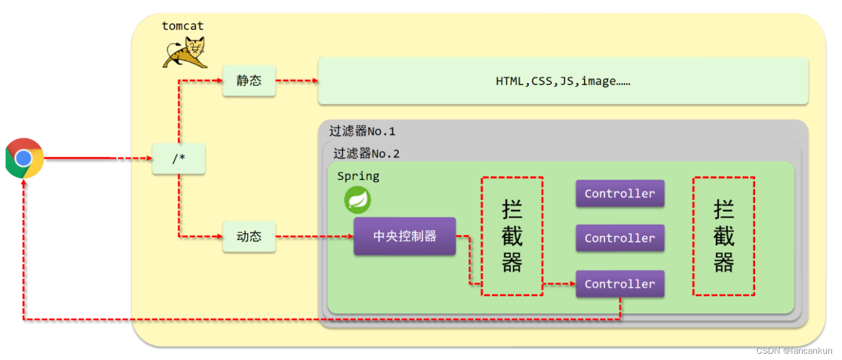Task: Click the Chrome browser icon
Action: (x=24, y=158)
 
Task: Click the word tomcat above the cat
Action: (x=183, y=26)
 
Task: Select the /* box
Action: (x=179, y=159)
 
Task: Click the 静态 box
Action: (x=249, y=81)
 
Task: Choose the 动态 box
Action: (x=249, y=237)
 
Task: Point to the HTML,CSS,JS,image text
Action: (x=563, y=81)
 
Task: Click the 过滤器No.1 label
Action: (x=362, y=131)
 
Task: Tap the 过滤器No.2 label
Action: (x=366, y=154)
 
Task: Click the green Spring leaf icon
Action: (x=358, y=200)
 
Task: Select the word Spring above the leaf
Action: (x=358, y=176)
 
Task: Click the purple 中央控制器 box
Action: (x=404, y=236)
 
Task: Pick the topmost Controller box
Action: (x=619, y=194)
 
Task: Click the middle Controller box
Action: (x=619, y=238)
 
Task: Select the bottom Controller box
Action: (x=619, y=284)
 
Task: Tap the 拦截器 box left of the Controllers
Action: (x=512, y=236)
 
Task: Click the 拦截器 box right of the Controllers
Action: (x=723, y=236)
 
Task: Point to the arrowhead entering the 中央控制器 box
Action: (x=350, y=237)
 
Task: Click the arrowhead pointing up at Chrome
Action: (x=24, y=182)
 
